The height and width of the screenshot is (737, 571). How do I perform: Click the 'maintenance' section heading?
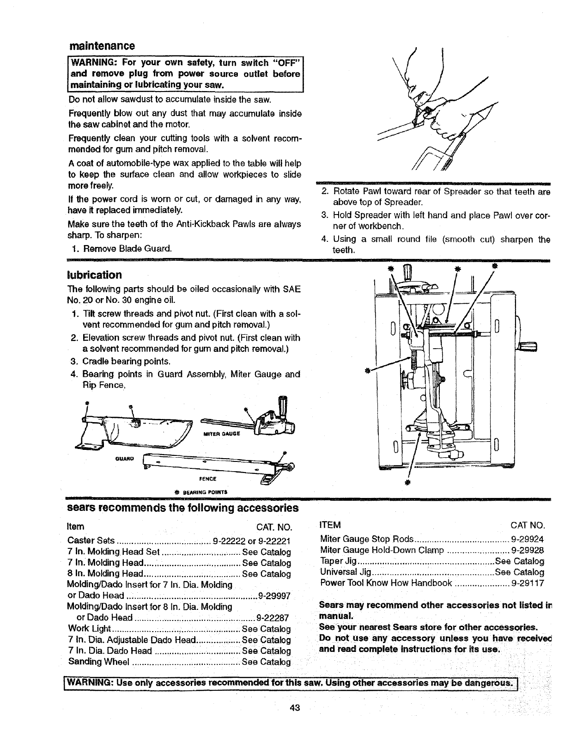click(102, 46)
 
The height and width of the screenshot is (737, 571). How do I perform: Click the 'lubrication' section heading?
click(95, 275)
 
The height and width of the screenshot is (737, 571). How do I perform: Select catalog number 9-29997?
click(273, 595)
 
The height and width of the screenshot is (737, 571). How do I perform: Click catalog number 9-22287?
click(273, 618)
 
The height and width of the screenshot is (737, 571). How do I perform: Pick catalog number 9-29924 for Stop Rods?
click(528, 539)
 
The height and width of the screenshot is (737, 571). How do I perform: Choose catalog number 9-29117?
click(528, 583)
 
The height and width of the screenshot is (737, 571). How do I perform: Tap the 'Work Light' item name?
click(89, 629)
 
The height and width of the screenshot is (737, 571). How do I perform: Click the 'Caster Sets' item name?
click(91, 540)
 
